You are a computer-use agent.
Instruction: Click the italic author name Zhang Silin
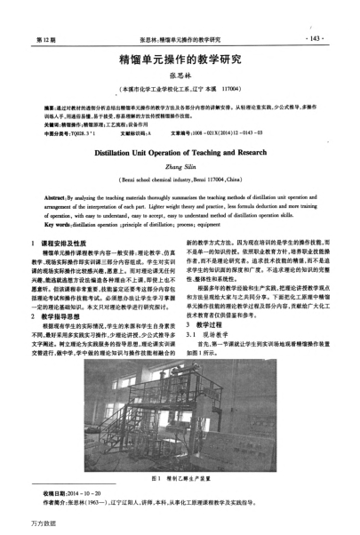coord(180,165)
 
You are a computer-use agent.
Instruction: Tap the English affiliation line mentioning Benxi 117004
coord(180,179)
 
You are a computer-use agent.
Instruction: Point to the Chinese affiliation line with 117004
coord(180,91)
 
